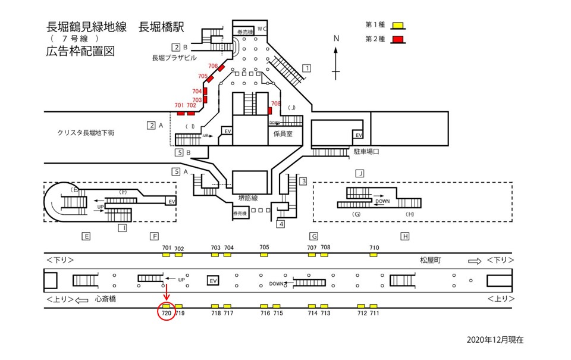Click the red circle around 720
(x=167, y=311)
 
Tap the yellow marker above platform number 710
(x=374, y=255)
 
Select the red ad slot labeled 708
(x=270, y=111)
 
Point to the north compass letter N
(x=336, y=39)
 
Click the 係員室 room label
(x=283, y=134)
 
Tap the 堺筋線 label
(x=249, y=198)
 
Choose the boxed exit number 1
(x=306, y=68)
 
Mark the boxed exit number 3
(x=303, y=181)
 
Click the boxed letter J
(x=359, y=173)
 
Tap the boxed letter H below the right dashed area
(x=405, y=236)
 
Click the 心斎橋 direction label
(x=106, y=299)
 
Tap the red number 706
(x=213, y=65)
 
